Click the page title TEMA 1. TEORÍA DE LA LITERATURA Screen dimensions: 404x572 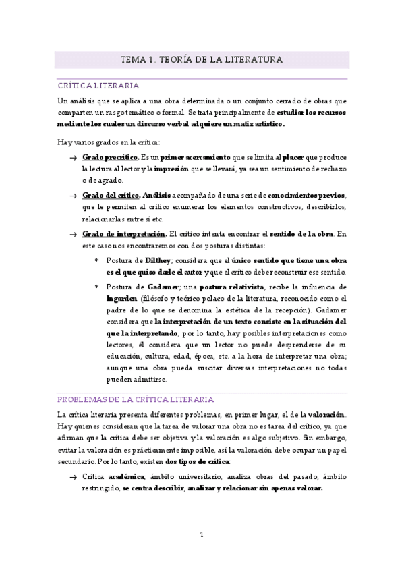point(202,60)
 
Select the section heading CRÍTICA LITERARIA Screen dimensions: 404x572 point(98,86)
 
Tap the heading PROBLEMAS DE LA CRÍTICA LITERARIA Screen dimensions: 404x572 point(136,399)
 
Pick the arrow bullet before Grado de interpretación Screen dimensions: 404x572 point(72,234)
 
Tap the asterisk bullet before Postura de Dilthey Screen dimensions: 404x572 point(96,260)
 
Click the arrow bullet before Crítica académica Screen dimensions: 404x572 point(72,477)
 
